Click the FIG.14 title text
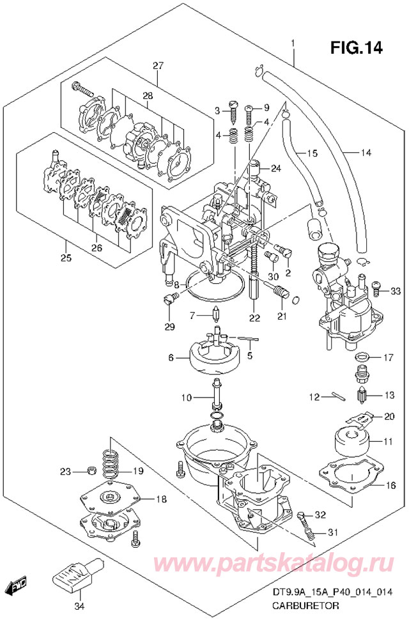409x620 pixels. click(357, 47)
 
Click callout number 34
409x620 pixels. click(80, 606)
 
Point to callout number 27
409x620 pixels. click(158, 65)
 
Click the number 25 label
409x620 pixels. click(66, 258)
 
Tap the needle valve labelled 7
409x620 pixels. click(217, 314)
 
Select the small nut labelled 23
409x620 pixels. click(91, 470)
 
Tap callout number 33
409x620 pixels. click(395, 291)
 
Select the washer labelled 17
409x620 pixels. click(362, 357)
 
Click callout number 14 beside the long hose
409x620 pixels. click(366, 152)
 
